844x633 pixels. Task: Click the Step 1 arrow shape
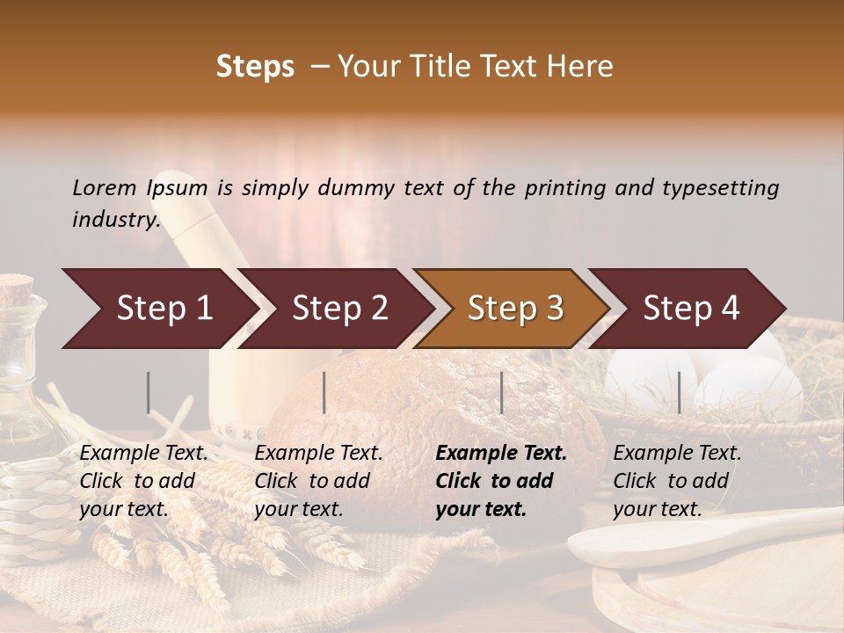[158, 309]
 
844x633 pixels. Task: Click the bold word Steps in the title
[255, 67]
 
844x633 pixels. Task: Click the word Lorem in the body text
[105, 188]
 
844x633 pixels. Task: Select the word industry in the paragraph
[115, 220]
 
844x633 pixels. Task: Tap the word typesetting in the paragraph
[720, 188]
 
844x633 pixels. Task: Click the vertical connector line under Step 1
[149, 392]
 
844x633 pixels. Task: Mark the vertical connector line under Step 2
[324, 392]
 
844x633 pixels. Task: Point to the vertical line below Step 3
[501, 392]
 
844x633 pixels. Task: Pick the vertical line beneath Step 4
[679, 392]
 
